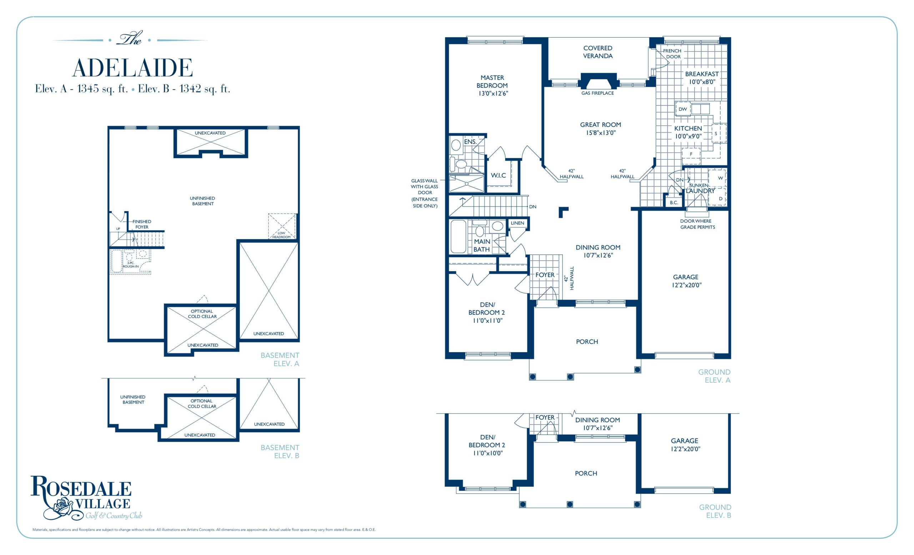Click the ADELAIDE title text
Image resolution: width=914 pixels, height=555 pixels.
click(x=132, y=68)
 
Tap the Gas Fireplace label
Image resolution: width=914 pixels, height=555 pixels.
click(x=597, y=93)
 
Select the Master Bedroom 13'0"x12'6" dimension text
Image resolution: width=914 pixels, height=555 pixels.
click(x=493, y=94)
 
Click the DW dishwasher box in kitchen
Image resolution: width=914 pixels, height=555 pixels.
click(x=683, y=109)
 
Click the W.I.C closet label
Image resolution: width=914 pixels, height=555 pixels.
click(x=498, y=175)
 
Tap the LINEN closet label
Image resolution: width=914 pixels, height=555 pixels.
click(x=517, y=223)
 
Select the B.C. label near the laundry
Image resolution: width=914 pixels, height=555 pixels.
click(x=674, y=202)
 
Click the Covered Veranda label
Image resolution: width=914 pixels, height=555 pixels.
click(x=598, y=52)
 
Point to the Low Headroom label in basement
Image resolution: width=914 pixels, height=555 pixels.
click(x=282, y=235)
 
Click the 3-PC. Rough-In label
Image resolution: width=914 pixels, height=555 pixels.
click(x=131, y=265)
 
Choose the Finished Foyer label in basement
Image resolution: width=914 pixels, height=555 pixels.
click(x=142, y=224)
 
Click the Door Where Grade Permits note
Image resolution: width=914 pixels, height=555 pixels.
click(x=697, y=224)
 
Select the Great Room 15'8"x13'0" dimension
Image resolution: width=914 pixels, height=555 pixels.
click(x=601, y=133)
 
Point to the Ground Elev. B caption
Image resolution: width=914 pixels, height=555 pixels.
click(x=715, y=511)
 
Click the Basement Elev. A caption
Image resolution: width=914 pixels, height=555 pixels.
click(x=280, y=360)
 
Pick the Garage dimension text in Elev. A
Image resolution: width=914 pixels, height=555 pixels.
click(x=686, y=285)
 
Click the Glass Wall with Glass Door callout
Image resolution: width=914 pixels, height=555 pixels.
click(x=425, y=193)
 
